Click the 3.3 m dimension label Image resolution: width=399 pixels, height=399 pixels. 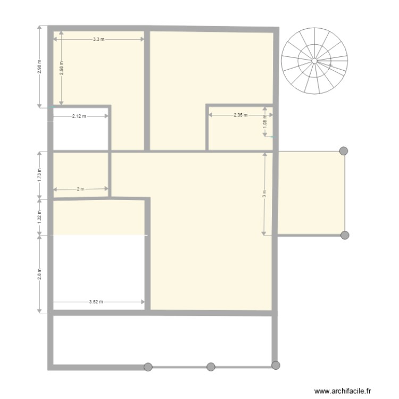(x=98, y=39)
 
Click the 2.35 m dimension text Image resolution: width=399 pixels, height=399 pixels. (x=240, y=115)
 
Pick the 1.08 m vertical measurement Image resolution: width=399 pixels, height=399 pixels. (x=265, y=122)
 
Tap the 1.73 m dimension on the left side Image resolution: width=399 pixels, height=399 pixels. (x=39, y=174)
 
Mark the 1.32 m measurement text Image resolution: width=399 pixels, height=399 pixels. (x=39, y=216)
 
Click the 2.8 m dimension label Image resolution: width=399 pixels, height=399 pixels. (x=39, y=273)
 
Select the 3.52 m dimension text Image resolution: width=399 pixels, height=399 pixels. (x=96, y=302)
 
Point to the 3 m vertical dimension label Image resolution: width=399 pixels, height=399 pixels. (x=264, y=194)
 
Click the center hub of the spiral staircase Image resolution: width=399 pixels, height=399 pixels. (x=315, y=61)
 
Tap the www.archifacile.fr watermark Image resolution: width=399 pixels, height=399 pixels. (x=343, y=390)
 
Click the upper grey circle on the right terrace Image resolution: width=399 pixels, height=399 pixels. (x=344, y=151)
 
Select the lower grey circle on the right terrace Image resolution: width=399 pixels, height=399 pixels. (x=345, y=235)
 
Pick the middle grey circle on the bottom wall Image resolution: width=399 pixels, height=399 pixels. (x=211, y=367)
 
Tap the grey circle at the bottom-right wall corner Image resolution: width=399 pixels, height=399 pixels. (x=276, y=365)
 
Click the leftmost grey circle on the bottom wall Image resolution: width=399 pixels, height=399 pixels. (x=148, y=367)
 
